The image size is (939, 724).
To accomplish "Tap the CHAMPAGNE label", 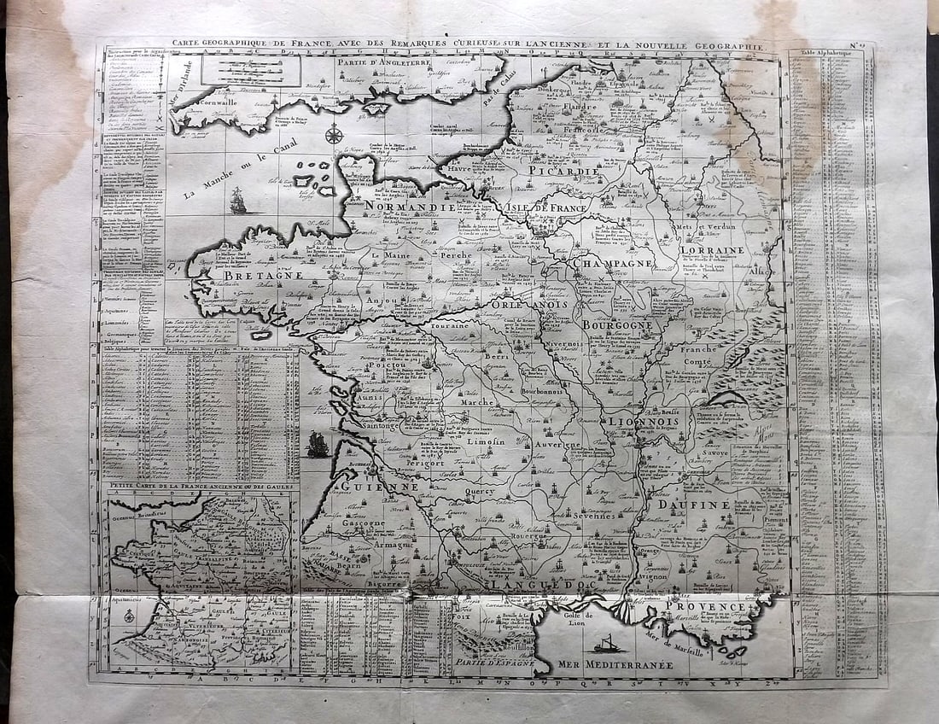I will [613, 264].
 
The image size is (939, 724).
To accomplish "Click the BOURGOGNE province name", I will [617, 324].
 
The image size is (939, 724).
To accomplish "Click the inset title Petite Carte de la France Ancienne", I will [198, 487].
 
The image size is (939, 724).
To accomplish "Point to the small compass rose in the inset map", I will [129, 615].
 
